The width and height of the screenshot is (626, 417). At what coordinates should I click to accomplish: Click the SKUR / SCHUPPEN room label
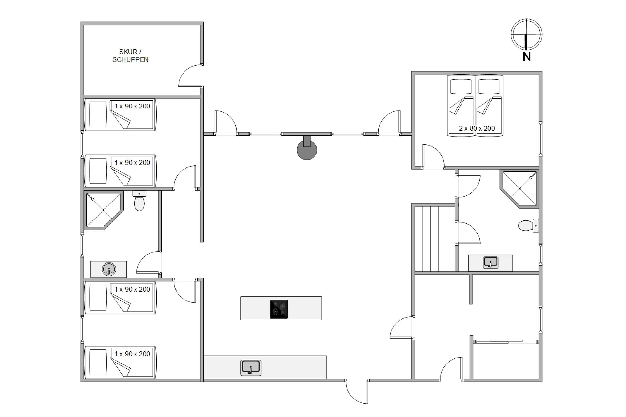pos(130,56)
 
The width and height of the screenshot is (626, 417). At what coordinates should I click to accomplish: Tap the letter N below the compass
pos(526,57)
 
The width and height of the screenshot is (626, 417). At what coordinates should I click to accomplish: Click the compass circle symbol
pos(526,34)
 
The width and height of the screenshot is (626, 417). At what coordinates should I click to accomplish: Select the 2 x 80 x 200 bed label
pos(477,128)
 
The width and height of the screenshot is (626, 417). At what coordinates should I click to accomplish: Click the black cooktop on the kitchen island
pos(279,309)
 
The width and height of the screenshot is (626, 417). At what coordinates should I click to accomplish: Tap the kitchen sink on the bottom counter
pos(251,368)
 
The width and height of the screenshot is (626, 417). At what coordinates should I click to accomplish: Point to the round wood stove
pos(307,149)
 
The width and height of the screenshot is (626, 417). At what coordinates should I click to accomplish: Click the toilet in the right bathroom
pos(528,226)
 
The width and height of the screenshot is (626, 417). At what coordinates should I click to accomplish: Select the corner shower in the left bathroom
pos(104,210)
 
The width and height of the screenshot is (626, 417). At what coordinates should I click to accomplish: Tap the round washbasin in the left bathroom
pos(109,269)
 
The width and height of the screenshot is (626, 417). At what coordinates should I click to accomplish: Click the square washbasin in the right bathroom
pos(491,263)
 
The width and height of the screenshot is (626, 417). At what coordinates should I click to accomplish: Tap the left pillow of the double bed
pos(461,87)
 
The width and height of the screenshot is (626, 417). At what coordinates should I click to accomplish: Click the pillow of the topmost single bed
pos(98,114)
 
